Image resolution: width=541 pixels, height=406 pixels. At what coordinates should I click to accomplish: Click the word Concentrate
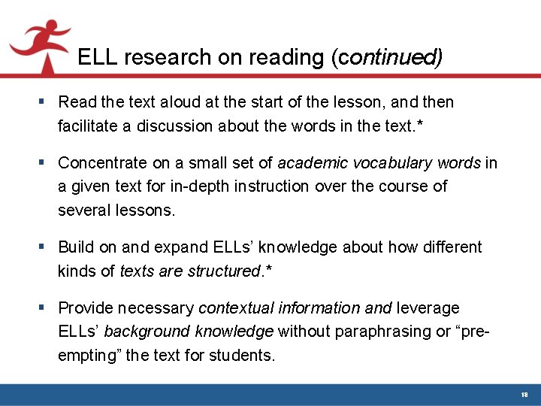103,162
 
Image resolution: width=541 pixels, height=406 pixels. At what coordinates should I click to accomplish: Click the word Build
75,247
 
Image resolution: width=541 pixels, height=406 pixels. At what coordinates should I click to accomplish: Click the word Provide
86,308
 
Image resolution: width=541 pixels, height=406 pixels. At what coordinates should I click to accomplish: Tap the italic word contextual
236,308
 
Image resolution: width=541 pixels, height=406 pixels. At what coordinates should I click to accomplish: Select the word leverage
428,308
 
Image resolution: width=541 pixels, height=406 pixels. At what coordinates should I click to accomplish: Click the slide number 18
525,394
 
